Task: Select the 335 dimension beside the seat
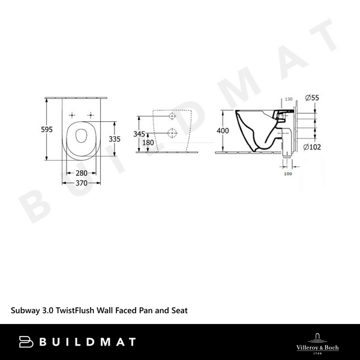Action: click(115, 139)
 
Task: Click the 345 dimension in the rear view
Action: click(139, 134)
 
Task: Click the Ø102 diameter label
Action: click(312, 146)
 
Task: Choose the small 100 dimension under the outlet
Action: click(288, 175)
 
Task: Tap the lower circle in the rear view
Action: click(172, 133)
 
